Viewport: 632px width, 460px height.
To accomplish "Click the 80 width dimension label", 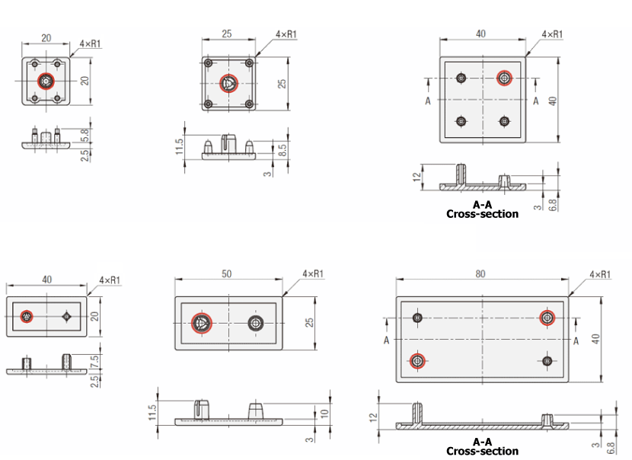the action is pyautogui.click(x=480, y=274).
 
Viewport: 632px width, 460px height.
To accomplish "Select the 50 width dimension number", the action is pyautogui.click(x=226, y=274).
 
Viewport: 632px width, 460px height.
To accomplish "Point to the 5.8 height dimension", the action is pyautogui.click(x=85, y=135).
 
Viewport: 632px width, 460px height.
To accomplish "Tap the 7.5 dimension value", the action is pyautogui.click(x=94, y=362).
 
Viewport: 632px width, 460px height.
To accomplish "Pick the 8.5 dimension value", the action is pyautogui.click(x=282, y=150).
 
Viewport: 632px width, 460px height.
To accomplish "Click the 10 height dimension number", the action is pyautogui.click(x=325, y=414).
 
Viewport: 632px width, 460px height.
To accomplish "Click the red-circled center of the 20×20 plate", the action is pyautogui.click(x=46, y=81).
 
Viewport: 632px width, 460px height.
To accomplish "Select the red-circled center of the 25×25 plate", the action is pyautogui.click(x=228, y=84).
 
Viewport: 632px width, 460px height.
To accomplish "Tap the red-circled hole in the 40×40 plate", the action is pyautogui.click(x=504, y=78).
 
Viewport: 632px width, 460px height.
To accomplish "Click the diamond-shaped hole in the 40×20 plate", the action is pyautogui.click(x=67, y=317).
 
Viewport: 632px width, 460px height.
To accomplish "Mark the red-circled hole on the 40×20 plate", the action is pyautogui.click(x=27, y=317).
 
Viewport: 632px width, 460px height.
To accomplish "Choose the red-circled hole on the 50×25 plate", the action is pyautogui.click(x=202, y=323).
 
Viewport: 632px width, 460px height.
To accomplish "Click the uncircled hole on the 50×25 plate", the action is pyautogui.click(x=256, y=323).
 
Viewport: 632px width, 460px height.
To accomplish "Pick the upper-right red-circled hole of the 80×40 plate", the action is pyautogui.click(x=547, y=318).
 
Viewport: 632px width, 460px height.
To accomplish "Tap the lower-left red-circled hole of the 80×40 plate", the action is pyautogui.click(x=417, y=360).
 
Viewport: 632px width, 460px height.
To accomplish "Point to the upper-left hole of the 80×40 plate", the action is pyautogui.click(x=417, y=318).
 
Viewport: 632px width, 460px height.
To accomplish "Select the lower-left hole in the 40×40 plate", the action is pyautogui.click(x=461, y=121).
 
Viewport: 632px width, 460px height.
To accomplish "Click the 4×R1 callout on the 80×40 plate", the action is pyautogui.click(x=600, y=274).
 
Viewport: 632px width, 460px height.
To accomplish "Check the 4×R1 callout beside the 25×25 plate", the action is pyautogui.click(x=286, y=34).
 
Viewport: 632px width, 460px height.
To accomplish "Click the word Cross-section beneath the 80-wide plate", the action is pyautogui.click(x=482, y=451).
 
